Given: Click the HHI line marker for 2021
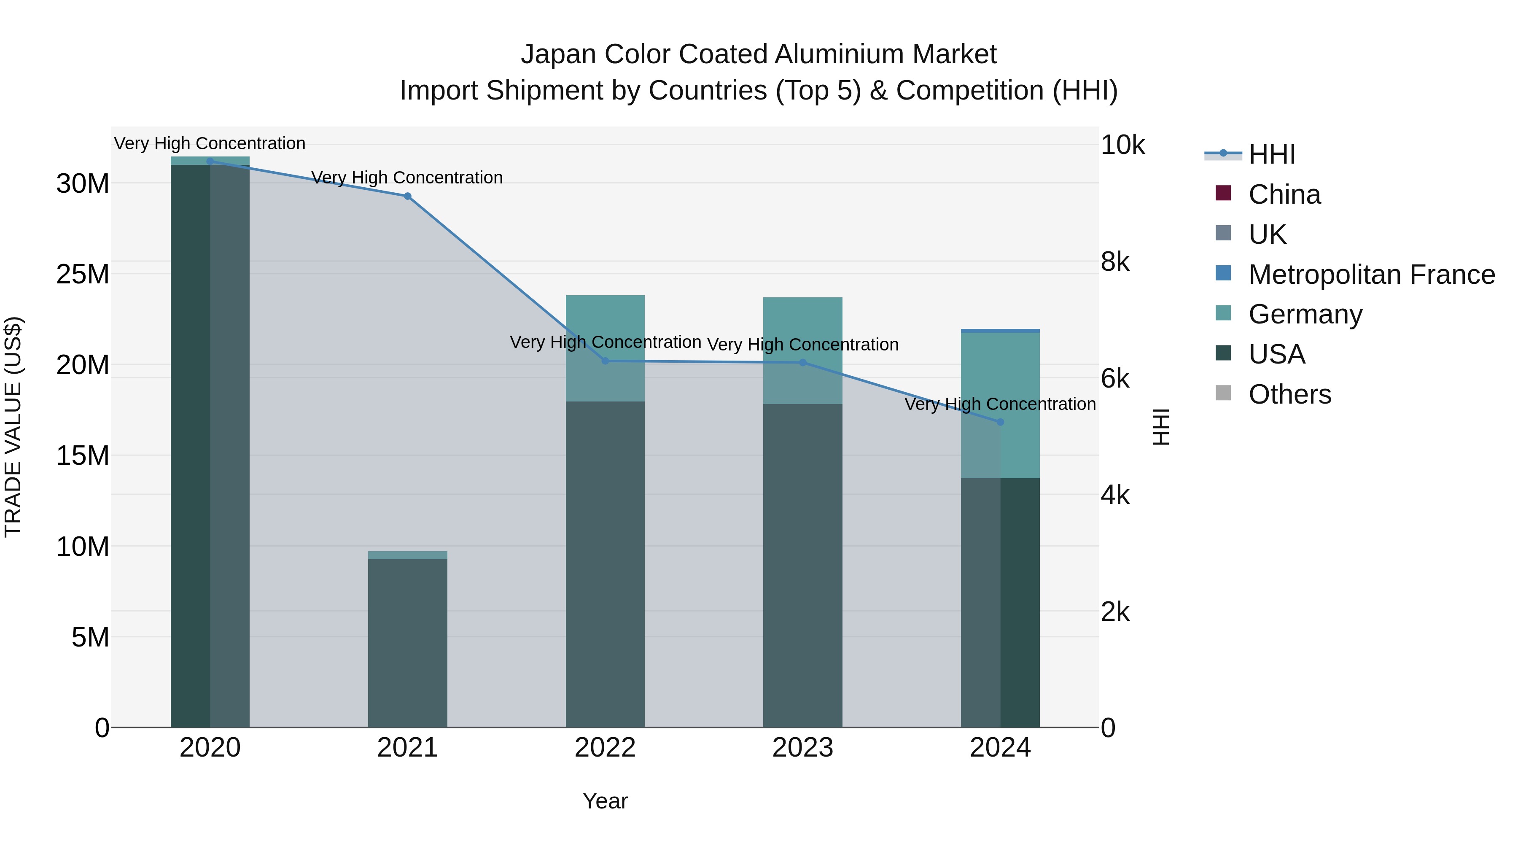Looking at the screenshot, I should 407,196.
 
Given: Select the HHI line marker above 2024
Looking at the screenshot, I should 1000,422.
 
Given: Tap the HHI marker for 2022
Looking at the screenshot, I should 605,361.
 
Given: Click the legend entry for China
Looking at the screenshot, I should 1285,194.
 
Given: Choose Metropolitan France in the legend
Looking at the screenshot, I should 1371,275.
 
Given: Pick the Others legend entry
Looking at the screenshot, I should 1289,394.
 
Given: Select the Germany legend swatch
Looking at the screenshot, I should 1223,313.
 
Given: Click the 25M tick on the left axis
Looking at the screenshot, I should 83,275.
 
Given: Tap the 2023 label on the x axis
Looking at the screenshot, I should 802,748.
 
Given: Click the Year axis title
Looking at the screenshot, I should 605,801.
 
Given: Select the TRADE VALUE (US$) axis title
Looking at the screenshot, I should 13,427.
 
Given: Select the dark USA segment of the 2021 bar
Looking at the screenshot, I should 407,642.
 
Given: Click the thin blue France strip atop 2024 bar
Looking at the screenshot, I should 1000,331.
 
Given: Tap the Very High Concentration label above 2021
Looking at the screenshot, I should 407,178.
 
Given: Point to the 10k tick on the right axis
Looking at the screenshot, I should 1122,145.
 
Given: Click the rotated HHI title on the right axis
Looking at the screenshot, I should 1160,427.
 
